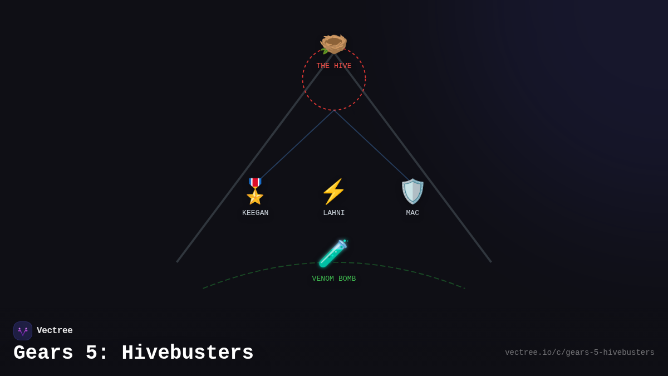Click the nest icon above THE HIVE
(x=333, y=43)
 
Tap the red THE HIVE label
(x=334, y=66)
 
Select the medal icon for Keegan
(x=255, y=191)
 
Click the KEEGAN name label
(x=255, y=213)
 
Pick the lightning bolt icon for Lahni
(x=333, y=192)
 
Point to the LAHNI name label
(x=334, y=213)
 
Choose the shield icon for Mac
(x=412, y=192)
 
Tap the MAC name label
(x=412, y=213)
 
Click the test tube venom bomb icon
(x=333, y=253)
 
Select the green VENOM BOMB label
(x=334, y=279)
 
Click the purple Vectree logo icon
(x=23, y=331)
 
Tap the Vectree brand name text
(x=55, y=331)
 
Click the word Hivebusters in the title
(x=188, y=353)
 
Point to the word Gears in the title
(x=43, y=353)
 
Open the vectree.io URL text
(x=579, y=353)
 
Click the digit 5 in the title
(x=92, y=353)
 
